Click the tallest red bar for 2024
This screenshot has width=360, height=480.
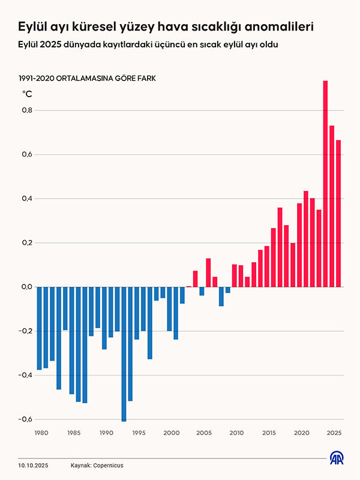click(x=325, y=183)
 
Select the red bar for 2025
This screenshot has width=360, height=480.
click(x=338, y=213)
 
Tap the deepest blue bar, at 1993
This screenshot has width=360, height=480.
click(x=124, y=354)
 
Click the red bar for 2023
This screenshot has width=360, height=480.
click(x=319, y=248)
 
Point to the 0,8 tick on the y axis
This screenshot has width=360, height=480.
click(x=26, y=110)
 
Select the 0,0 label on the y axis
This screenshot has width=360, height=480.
click(x=26, y=287)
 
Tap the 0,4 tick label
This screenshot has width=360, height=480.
click(x=26, y=199)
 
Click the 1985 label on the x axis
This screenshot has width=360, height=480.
click(x=74, y=433)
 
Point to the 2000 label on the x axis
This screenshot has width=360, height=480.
click(x=171, y=433)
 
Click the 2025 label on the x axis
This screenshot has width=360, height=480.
click(x=334, y=433)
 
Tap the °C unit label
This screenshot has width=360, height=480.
click(x=27, y=94)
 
